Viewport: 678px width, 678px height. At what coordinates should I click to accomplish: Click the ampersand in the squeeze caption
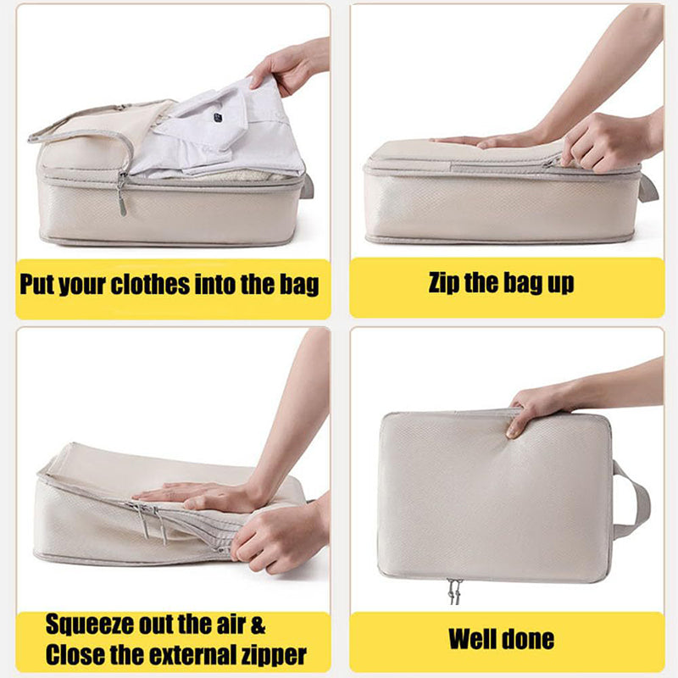click(258, 625)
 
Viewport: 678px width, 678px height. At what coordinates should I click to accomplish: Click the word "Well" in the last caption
click(470, 639)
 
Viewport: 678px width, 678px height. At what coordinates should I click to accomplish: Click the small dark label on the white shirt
click(218, 116)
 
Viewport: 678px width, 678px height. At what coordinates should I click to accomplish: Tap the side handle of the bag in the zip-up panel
click(648, 188)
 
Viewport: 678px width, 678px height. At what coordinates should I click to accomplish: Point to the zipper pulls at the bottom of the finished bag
click(454, 591)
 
